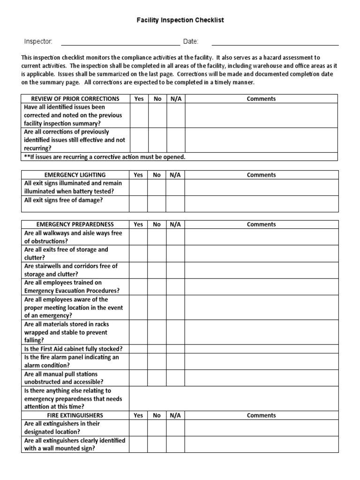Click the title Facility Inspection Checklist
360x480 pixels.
pyautogui.click(x=180, y=21)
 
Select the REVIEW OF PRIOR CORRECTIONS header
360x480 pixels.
pyautogui.click(x=75, y=99)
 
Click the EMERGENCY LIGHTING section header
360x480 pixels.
pyautogui.click(x=75, y=175)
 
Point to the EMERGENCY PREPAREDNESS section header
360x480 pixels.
pyautogui.click(x=75, y=225)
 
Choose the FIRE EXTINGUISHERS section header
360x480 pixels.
pyautogui.click(x=75, y=415)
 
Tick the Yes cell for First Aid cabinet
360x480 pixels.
pyautogui.click(x=138, y=349)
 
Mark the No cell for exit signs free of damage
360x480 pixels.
pyautogui.click(x=157, y=203)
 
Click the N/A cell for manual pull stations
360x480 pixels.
pyautogui.click(x=175, y=378)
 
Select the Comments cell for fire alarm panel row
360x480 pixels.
pyautogui.click(x=261, y=361)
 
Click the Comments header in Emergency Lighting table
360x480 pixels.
pyautogui.click(x=261, y=175)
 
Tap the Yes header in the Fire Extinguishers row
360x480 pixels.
pyautogui.click(x=138, y=415)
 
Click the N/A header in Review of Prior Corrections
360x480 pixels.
pyautogui.click(x=175, y=99)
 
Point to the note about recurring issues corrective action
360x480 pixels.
pyautogui.click(x=105, y=157)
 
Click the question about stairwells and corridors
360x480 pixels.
pyautogui.click(x=71, y=270)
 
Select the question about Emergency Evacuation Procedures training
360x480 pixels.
pyautogui.click(x=72, y=286)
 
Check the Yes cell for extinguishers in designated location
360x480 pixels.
pyautogui.click(x=138, y=427)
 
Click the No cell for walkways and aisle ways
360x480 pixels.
pyautogui.click(x=157, y=237)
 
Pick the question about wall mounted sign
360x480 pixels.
pyautogui.click(x=74, y=444)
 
